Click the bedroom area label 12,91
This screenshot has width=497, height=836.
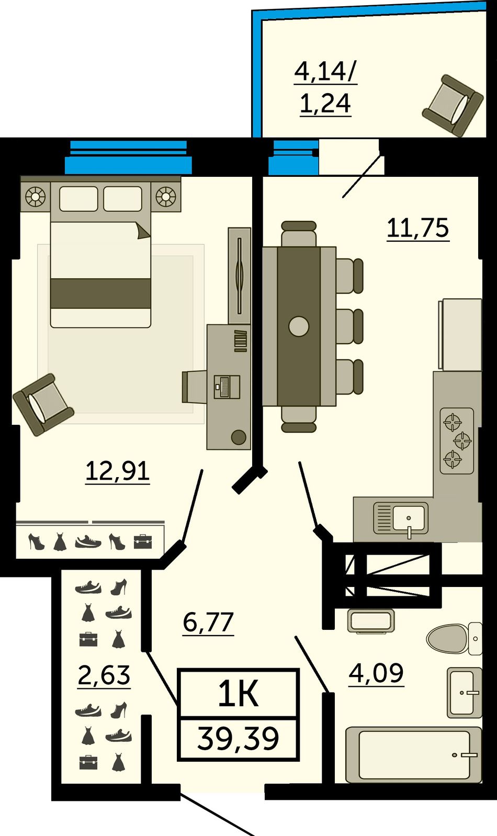tap(118, 471)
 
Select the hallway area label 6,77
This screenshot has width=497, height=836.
tap(208, 622)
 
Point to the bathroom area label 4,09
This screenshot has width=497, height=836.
tap(376, 673)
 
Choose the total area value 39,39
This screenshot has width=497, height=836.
tap(238, 739)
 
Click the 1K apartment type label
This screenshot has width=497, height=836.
tap(239, 693)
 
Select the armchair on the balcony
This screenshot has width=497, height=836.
tap(453, 106)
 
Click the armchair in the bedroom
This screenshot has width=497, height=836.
tap(43, 405)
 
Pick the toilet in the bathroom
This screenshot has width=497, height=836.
tap(454, 639)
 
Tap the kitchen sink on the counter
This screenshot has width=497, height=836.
tap(401, 519)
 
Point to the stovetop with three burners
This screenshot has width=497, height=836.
tap(457, 441)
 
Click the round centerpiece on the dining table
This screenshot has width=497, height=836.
tap(299, 326)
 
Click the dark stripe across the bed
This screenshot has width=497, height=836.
tap(101, 293)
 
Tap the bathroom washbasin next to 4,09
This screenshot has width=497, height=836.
tap(464, 693)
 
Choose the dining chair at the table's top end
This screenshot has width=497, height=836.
tap(299, 233)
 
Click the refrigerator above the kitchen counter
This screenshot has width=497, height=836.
tap(460, 334)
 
